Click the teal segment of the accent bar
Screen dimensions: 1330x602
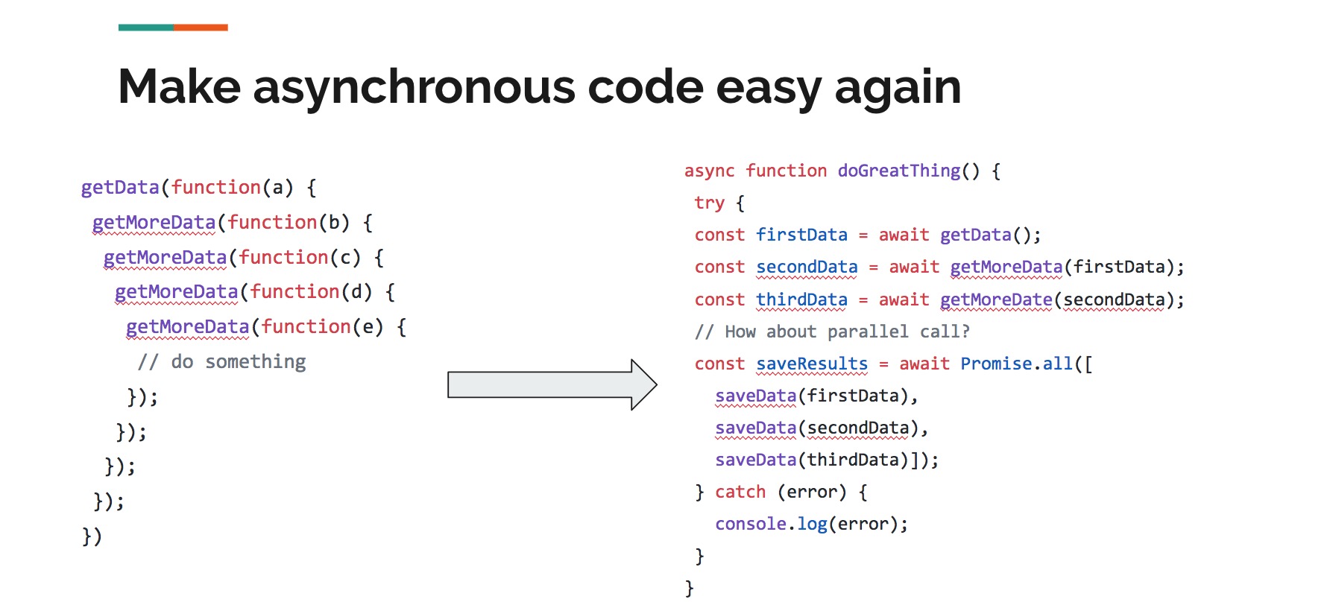(x=146, y=28)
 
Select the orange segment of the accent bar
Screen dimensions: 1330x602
(x=201, y=28)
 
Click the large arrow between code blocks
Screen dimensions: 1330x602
(x=552, y=384)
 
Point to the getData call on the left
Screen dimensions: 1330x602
(x=120, y=188)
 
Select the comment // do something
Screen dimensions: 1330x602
(x=222, y=362)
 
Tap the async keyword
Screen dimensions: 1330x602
(x=709, y=171)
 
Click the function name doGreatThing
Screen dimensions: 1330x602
(x=899, y=171)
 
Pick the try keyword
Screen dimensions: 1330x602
(x=709, y=203)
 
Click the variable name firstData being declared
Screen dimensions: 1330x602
(x=801, y=235)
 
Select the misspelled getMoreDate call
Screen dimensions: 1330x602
(x=996, y=300)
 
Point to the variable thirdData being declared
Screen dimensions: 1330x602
(x=801, y=300)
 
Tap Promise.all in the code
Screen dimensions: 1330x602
(x=1016, y=364)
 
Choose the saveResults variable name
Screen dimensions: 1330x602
(x=812, y=364)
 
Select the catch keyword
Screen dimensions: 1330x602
(x=740, y=492)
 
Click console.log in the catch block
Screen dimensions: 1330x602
(x=771, y=524)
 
